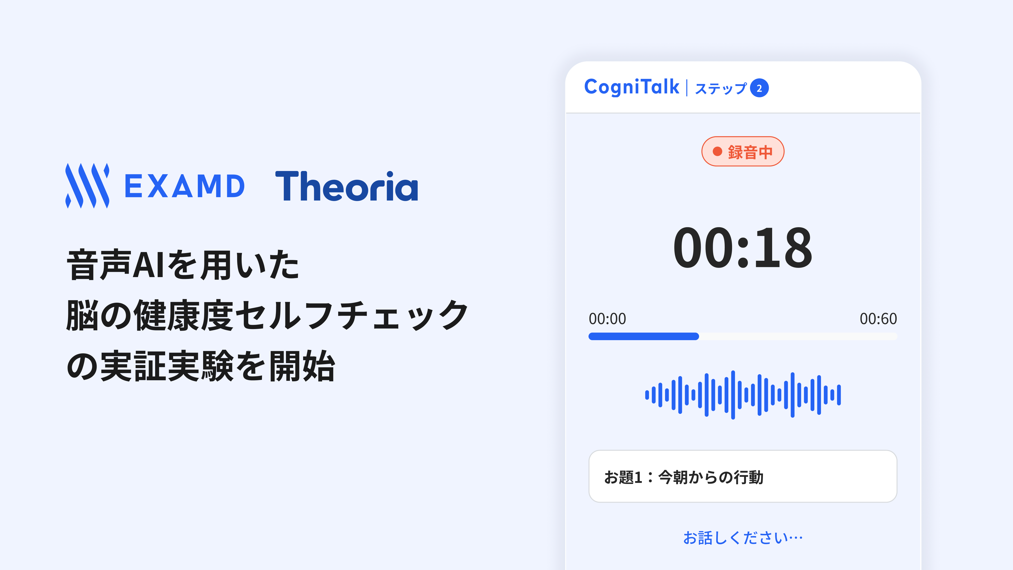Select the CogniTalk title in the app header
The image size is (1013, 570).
(x=632, y=87)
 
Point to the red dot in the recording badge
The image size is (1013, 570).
(x=717, y=151)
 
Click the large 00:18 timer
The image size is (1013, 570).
(x=742, y=248)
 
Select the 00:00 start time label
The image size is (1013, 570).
(x=607, y=319)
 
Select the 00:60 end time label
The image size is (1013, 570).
(x=878, y=319)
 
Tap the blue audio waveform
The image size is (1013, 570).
(x=742, y=395)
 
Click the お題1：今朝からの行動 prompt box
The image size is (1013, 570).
(x=742, y=476)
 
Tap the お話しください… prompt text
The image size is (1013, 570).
(x=742, y=538)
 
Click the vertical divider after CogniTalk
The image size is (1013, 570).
(x=687, y=88)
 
